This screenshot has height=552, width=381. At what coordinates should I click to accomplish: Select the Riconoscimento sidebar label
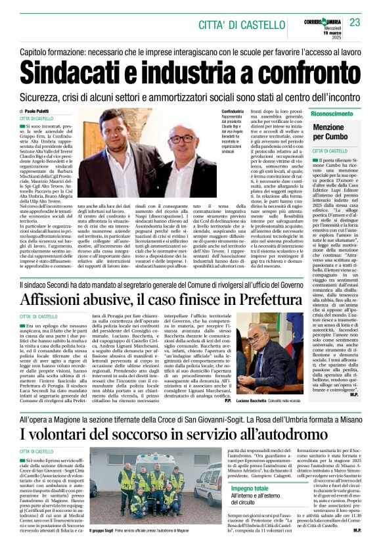(x=332, y=113)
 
